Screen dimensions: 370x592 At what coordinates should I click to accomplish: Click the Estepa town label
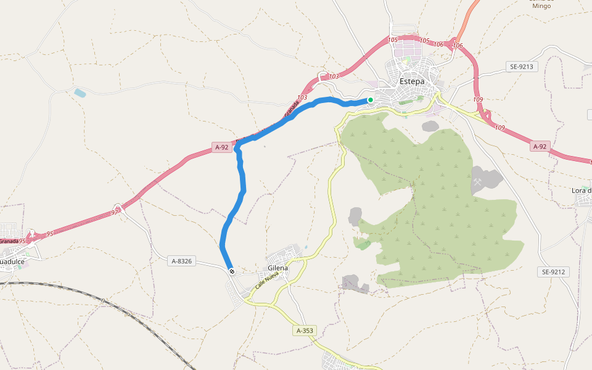412,81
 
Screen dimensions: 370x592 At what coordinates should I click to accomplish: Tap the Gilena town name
278,268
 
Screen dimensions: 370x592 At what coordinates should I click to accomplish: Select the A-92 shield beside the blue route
222,147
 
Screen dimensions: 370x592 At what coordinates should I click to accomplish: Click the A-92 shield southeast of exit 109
540,146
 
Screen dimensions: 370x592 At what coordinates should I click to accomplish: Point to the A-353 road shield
305,331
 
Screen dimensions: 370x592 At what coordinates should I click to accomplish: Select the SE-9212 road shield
553,272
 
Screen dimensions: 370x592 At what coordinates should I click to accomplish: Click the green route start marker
371,100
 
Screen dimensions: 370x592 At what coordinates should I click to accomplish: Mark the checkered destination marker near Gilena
232,271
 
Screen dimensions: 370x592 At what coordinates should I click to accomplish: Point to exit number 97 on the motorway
115,212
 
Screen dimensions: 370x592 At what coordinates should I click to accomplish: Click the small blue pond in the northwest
80,93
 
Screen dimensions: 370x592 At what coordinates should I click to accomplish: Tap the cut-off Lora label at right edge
582,190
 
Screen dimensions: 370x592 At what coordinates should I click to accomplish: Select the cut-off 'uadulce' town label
12,261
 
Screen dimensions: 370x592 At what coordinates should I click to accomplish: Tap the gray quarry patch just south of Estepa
430,126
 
